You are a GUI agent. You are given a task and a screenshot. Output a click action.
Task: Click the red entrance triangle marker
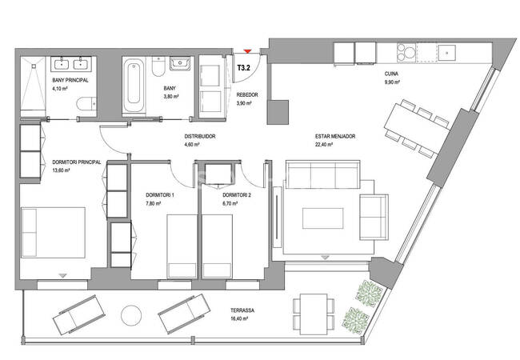(247, 51)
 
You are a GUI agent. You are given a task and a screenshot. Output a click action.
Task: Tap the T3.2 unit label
(244, 68)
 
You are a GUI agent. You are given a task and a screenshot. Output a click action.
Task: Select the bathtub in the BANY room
(134, 85)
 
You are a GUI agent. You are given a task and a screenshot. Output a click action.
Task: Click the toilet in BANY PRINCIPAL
(86, 103)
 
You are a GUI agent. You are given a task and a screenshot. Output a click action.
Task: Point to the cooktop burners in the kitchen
(406, 52)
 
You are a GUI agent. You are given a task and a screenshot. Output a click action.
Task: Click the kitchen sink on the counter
(447, 52)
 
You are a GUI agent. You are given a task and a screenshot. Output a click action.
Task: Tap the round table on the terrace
(131, 315)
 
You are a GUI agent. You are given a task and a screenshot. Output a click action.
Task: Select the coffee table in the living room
(322, 218)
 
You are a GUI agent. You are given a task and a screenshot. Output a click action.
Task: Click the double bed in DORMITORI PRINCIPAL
(53, 232)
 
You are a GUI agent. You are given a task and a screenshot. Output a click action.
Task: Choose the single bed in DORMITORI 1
(182, 246)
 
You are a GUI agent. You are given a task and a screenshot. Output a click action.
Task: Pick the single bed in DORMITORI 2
(218, 246)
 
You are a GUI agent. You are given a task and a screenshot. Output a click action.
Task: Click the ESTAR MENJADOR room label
(335, 136)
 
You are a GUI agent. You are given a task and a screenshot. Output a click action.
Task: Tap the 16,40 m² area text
(239, 318)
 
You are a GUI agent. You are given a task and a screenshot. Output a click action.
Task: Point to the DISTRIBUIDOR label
(200, 136)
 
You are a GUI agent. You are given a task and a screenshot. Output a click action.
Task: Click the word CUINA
(391, 74)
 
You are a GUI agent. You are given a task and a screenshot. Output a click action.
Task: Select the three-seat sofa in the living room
(322, 174)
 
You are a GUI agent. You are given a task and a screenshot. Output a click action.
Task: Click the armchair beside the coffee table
(374, 217)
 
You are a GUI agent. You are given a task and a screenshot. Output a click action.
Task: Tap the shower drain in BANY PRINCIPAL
(34, 66)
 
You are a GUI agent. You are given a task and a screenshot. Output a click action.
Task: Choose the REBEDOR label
(247, 95)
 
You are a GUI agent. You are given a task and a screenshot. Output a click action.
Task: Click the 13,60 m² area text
(61, 170)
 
